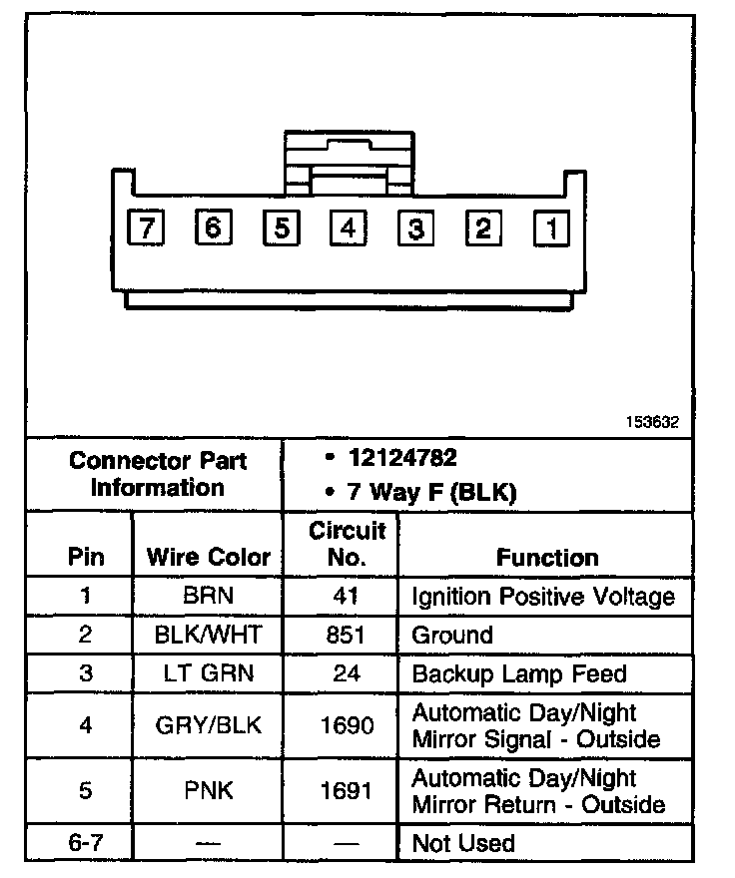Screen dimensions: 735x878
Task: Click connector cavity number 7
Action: pos(147,228)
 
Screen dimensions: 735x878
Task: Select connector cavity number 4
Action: pos(348,228)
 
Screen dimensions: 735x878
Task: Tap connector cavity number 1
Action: pos(550,228)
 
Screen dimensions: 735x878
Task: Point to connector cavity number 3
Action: pos(415,228)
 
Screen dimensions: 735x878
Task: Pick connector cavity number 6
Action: pos(213,228)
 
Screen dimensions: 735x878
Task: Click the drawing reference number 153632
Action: pos(652,422)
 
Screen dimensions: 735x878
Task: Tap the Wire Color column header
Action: pos(209,557)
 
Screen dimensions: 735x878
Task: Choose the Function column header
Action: pos(547,558)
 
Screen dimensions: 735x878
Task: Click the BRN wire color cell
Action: pos(209,597)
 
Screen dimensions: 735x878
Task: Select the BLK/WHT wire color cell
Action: pos(209,635)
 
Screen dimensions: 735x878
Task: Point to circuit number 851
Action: pos(347,635)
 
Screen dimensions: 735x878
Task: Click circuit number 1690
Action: pos(347,725)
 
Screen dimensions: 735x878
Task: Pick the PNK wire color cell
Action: pos(209,791)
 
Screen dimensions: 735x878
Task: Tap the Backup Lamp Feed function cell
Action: pos(519,673)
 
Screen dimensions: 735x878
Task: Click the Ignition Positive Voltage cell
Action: pos(543,597)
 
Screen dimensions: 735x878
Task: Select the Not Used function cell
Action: pos(463,843)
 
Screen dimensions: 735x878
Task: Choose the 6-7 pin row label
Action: pos(85,843)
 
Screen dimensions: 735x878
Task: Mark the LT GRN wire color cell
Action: pos(209,673)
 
